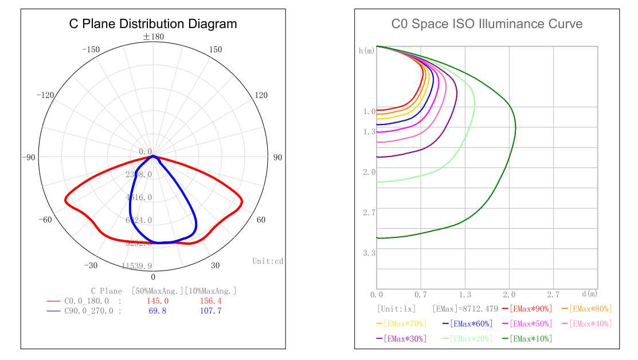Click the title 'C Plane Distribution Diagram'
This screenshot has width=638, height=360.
153,24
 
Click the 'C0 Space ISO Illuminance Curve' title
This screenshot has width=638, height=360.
487,24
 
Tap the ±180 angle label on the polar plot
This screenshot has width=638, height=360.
153,37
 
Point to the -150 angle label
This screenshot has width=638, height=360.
91,50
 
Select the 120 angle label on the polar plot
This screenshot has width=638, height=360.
261,95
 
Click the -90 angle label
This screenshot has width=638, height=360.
29,158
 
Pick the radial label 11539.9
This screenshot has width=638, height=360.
137,266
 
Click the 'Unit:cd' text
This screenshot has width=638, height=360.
268,261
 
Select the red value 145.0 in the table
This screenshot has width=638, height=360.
158,301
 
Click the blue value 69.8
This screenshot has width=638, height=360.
158,311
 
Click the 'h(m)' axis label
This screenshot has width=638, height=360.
367,51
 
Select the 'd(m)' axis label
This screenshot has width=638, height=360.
589,294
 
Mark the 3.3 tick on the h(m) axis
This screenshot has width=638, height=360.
369,253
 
